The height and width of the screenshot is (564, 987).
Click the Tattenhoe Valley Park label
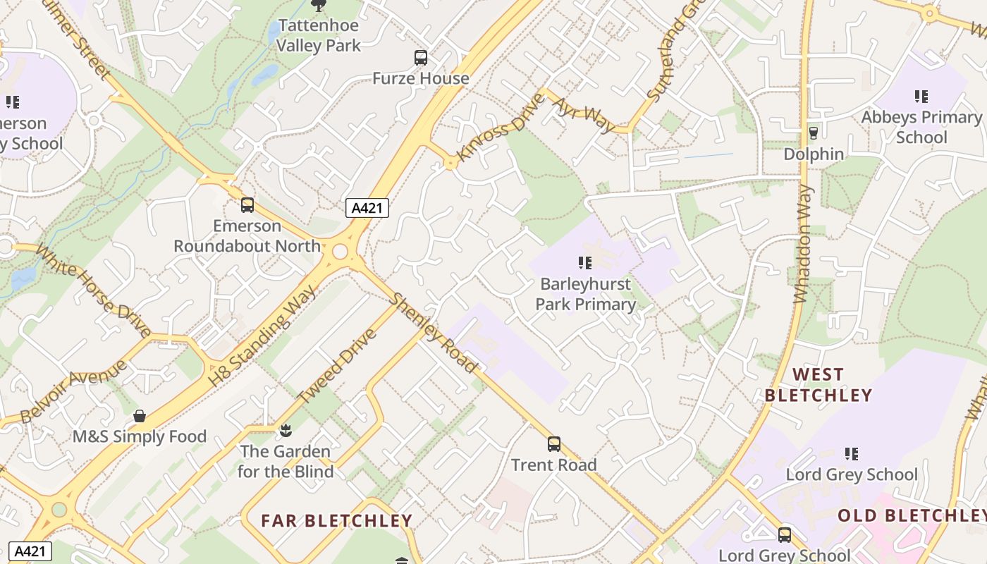pos(318,35)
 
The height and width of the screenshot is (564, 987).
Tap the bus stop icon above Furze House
pos(421,58)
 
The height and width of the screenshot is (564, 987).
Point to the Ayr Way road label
pos(583,115)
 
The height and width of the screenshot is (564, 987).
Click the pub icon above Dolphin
pos(813,133)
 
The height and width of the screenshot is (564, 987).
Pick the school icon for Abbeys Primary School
pos(921,96)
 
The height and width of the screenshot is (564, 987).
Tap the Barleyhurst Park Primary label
pos(585,294)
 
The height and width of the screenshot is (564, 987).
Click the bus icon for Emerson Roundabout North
pos(247,205)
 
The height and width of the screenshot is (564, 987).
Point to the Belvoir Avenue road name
pos(73,391)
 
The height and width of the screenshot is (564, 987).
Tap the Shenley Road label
pos(434,333)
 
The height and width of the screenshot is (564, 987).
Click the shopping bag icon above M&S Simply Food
pos(140,416)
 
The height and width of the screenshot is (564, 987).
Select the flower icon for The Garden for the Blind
pos(286,430)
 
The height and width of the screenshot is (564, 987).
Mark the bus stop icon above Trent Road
pos(554,444)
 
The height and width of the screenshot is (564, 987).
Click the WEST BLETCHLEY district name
pos(818,385)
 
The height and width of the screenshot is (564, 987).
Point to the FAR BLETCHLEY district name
pos(336,521)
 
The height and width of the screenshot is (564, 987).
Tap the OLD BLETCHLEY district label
pos(912,515)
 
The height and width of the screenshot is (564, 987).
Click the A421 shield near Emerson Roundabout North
pos(367,208)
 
